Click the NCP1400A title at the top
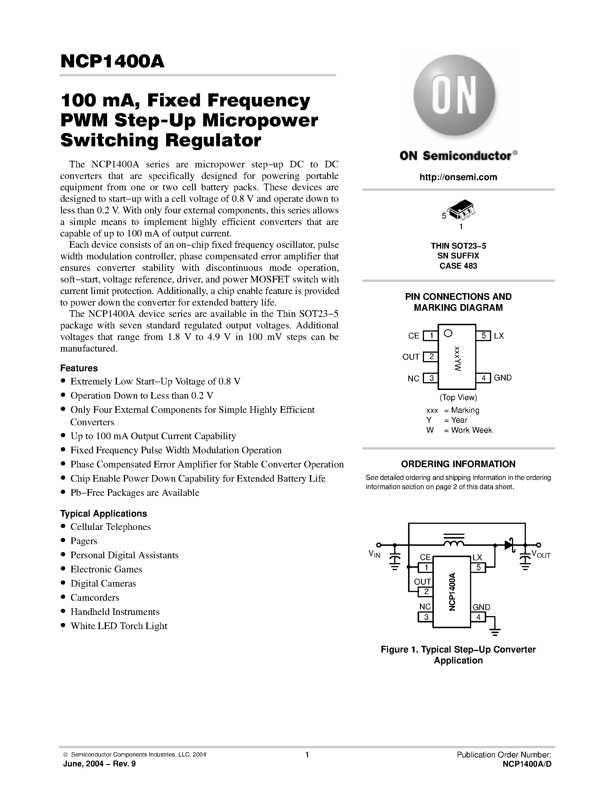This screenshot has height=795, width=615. pos(112,62)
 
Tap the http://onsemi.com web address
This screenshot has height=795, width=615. pos(458,177)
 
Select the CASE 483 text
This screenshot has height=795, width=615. pos(458,266)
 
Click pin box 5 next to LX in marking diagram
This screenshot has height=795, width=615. pos(484,336)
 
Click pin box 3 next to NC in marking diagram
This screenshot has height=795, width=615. pos(431,378)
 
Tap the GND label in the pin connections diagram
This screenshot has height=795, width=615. pos(503,378)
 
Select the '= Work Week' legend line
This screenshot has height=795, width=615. pos(467,430)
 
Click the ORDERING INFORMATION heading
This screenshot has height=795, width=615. pos(458,464)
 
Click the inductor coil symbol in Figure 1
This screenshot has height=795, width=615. pos(454,543)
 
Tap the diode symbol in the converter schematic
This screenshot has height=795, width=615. pos(509,545)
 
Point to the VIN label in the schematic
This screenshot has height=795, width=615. pos(374,554)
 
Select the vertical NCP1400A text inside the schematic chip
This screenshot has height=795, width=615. pos(452,591)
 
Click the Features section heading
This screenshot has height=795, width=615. pos(79,368)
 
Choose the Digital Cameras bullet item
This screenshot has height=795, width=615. pos(103,583)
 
